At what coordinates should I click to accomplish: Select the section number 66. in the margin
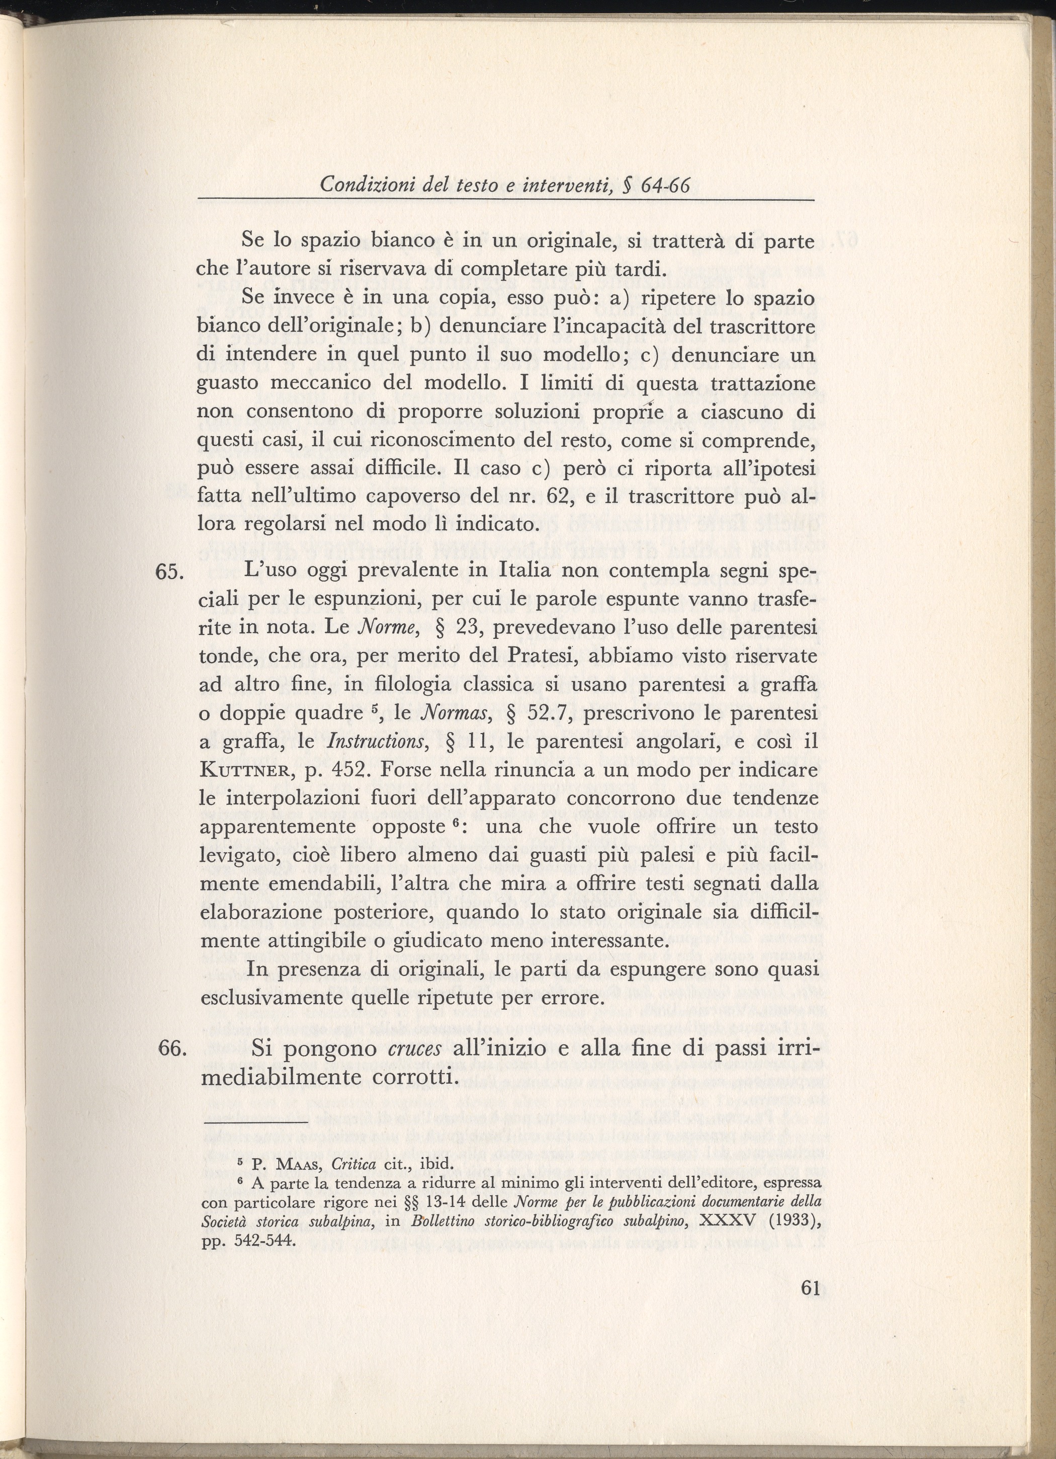click(x=171, y=1048)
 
